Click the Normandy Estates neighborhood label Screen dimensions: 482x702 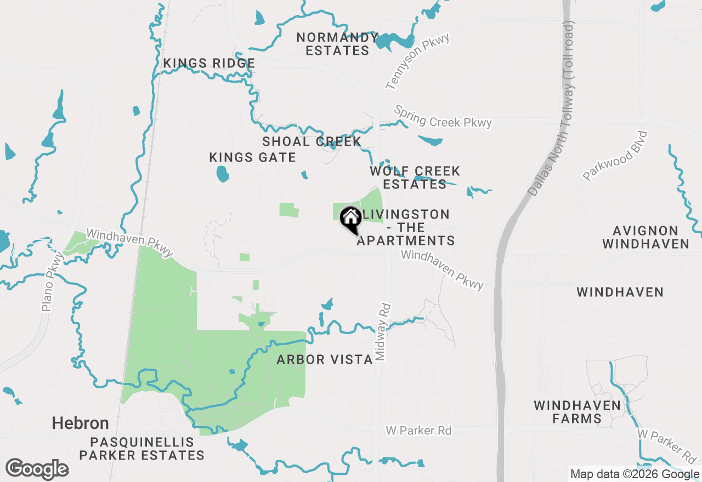(337, 44)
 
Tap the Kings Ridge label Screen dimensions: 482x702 (209, 64)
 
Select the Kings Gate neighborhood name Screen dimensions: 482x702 (252, 158)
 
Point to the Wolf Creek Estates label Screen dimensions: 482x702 (415, 177)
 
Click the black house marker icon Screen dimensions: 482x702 (350, 220)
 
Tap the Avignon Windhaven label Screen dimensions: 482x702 (646, 237)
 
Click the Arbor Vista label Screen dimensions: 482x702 (325, 359)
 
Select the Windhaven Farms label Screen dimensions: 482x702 (578, 412)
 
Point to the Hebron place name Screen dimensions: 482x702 (80, 423)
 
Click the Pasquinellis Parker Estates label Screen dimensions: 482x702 (141, 449)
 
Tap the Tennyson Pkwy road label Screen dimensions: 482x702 (417, 61)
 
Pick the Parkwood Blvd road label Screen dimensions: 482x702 (615, 156)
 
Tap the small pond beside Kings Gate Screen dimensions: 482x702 (222, 174)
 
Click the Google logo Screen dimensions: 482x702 (37, 469)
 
